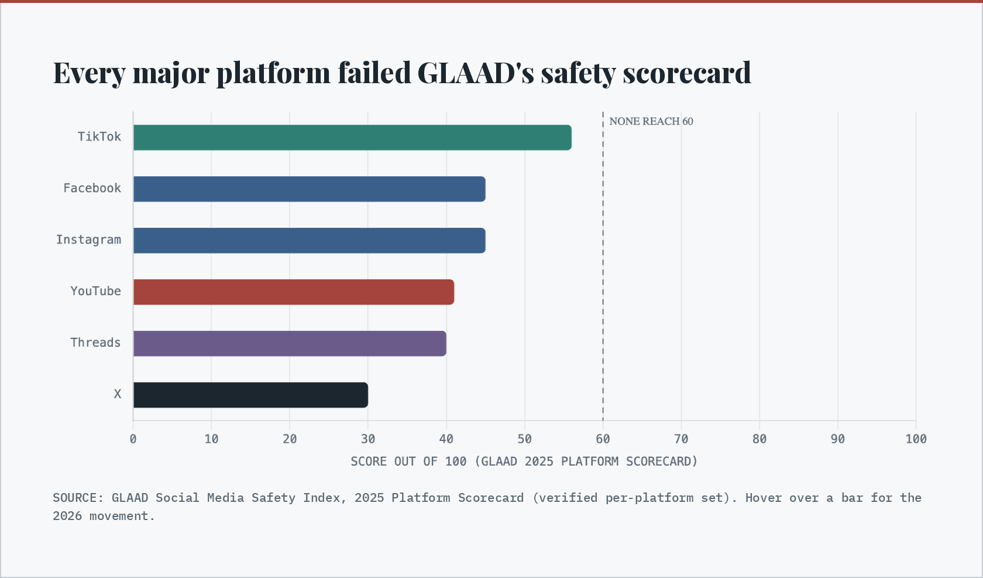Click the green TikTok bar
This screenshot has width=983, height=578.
pos(352,138)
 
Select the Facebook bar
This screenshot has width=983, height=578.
pos(310,189)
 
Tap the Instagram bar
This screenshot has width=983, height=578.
pos(310,240)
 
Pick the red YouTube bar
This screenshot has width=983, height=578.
pos(294,292)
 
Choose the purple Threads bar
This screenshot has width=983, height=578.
pos(290,343)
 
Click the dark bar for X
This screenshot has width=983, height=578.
pos(250,395)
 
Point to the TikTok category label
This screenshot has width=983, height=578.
pos(99,136)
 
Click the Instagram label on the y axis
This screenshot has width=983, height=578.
pos(88,240)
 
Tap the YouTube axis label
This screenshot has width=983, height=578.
pos(96,291)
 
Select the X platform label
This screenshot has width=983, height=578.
pos(117,394)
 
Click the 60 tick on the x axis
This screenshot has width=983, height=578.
pos(603,439)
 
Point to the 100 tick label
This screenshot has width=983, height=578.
pos(916,439)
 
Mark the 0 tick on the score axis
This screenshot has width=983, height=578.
pos(133,439)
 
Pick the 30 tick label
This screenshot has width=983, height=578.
pos(367,439)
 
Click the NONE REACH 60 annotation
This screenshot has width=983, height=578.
pos(651,121)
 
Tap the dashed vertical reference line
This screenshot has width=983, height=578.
pos(603,266)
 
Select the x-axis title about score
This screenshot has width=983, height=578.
pos(524,461)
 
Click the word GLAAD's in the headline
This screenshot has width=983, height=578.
pos(476,73)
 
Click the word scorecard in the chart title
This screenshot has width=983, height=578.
pos(687,73)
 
